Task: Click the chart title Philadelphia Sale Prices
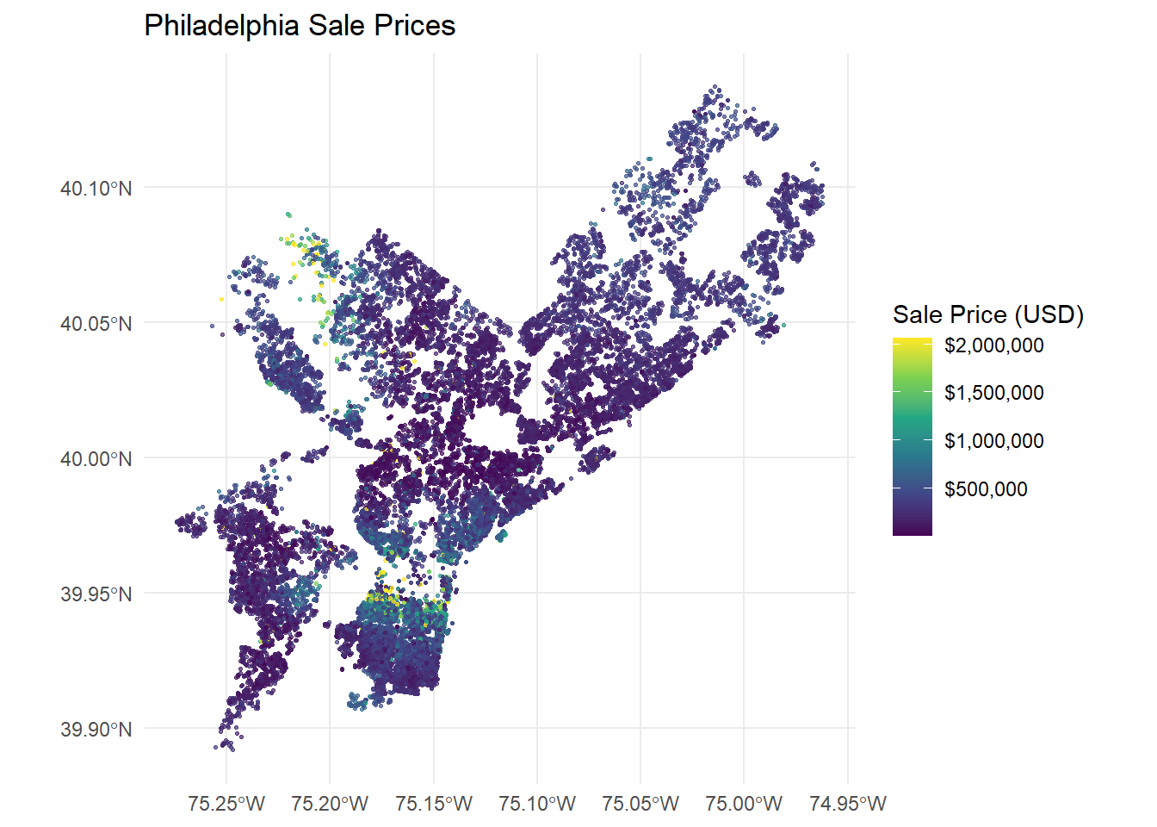pos(300,26)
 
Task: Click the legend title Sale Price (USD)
pos(987,314)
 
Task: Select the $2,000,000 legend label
pos(993,345)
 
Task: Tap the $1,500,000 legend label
pos(993,393)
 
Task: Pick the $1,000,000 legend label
pos(993,441)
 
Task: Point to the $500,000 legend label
pos(986,489)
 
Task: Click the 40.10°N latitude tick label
pos(96,189)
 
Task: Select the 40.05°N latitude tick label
pos(96,324)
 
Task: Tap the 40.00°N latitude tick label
pos(96,459)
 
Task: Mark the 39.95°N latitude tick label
pos(96,594)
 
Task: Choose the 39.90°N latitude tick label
pos(96,730)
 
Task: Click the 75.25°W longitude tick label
pos(226,804)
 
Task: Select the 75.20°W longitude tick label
pos(330,804)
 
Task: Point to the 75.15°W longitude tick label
pos(434,804)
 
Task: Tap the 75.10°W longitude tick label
pos(537,804)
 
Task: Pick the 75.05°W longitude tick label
pos(640,804)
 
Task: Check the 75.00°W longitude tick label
pos(744,804)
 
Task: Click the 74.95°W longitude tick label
pos(848,804)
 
